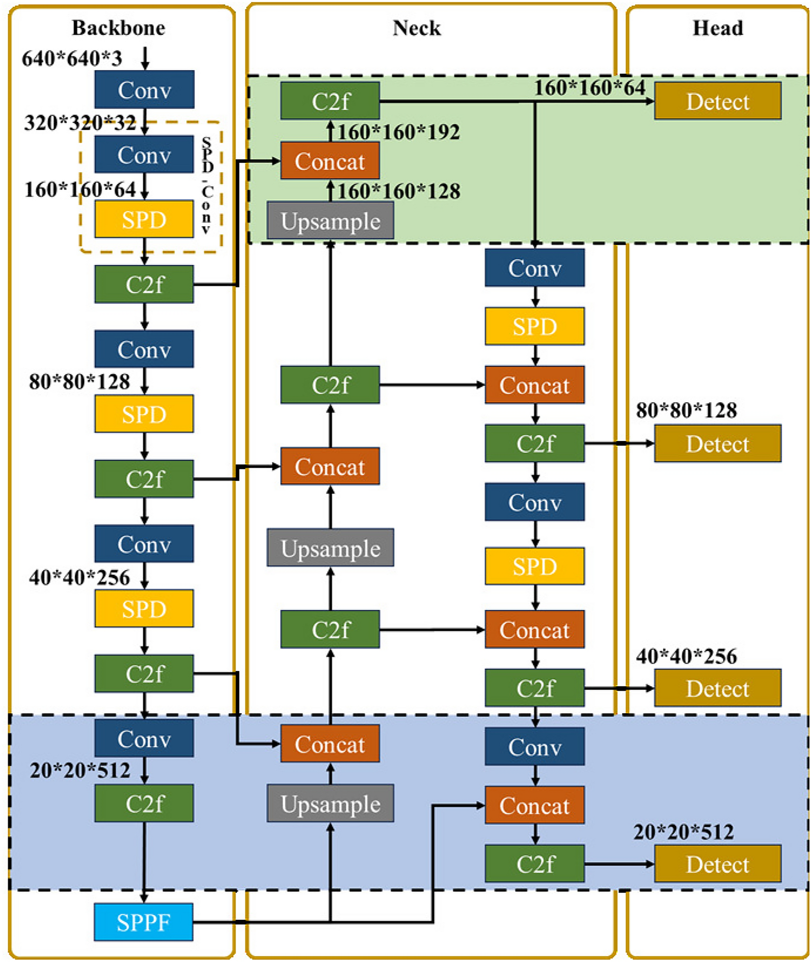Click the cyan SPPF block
point(143,922)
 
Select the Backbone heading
point(118,28)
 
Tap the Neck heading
point(416,28)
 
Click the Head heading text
point(717,28)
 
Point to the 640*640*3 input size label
point(72,58)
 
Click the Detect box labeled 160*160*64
point(717,101)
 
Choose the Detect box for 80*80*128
point(717,443)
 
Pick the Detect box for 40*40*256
point(717,688)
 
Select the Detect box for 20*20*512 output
point(717,864)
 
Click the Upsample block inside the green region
point(330,221)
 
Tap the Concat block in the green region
point(330,161)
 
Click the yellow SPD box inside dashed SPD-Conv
point(144,219)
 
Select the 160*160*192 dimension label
point(399,132)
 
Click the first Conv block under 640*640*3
point(144,90)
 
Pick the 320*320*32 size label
point(80,123)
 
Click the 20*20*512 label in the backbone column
point(80,770)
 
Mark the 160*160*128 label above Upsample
point(399,191)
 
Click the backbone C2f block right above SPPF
point(144,804)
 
